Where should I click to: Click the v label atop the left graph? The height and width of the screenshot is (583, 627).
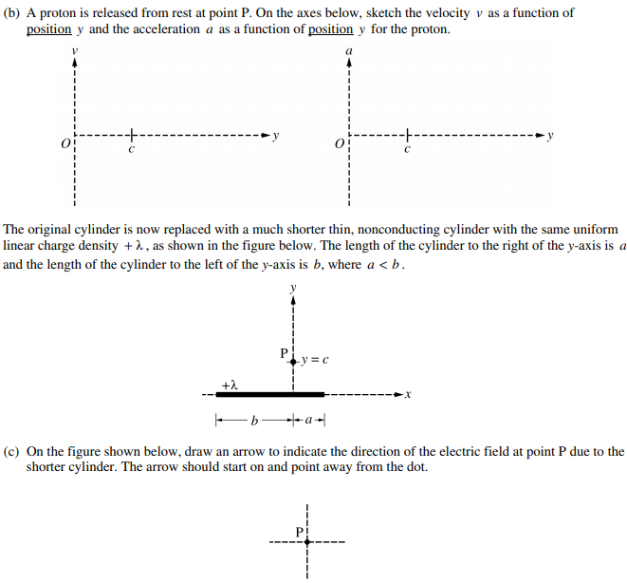pos(74,47)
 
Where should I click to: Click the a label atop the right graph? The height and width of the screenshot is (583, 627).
pos(349,47)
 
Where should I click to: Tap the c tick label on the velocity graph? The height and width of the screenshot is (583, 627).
pos(132,150)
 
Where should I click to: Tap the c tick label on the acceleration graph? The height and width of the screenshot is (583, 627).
pos(406,150)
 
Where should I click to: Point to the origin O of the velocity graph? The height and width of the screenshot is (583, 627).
pos(65,143)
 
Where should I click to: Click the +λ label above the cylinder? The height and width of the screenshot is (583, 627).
pos(229,384)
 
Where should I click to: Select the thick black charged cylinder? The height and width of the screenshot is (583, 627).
pos(270,394)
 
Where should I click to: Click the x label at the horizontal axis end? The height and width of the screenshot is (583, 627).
pos(408,394)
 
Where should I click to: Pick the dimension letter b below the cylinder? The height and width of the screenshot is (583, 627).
pos(253,419)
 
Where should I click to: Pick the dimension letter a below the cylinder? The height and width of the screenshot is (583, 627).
pos(310,419)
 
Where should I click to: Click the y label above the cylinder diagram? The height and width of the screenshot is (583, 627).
pos(294,287)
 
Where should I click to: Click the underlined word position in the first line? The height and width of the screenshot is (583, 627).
pos(49,28)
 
